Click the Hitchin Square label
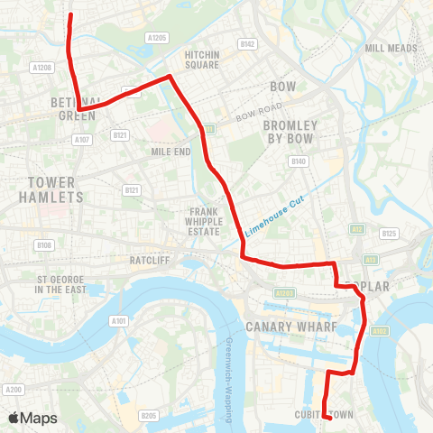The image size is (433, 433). [202, 60]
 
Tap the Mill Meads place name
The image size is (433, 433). [389, 48]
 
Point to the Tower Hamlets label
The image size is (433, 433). [51, 189]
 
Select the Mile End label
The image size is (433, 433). [170, 152]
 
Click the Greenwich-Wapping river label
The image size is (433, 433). [230, 379]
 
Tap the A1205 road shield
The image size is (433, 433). [158, 38]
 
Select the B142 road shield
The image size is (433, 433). [248, 43]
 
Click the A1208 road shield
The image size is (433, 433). [41, 68]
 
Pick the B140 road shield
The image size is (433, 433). [299, 161]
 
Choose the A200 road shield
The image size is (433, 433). [13, 390]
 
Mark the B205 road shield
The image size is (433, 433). [150, 415]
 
